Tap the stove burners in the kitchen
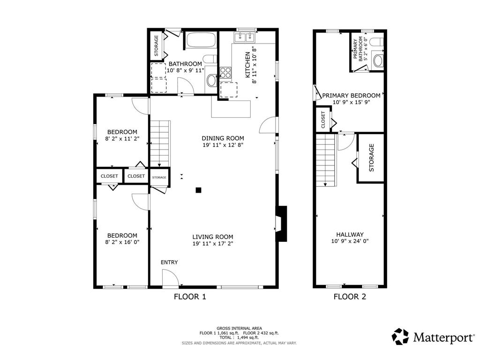[225, 73]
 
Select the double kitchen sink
[245, 36]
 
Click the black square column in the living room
[199, 190]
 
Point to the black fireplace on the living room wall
[281, 224]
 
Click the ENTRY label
[169, 262]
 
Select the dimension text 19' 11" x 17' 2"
[212, 244]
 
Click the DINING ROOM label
[223, 138]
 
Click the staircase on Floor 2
[326, 159]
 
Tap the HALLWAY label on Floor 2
[350, 234]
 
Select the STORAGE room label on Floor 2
[372, 157]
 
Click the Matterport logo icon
[400, 336]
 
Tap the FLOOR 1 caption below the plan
[190, 296]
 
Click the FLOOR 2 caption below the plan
[350, 296]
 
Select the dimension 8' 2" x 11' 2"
[122, 139]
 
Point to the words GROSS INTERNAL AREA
[239, 328]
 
